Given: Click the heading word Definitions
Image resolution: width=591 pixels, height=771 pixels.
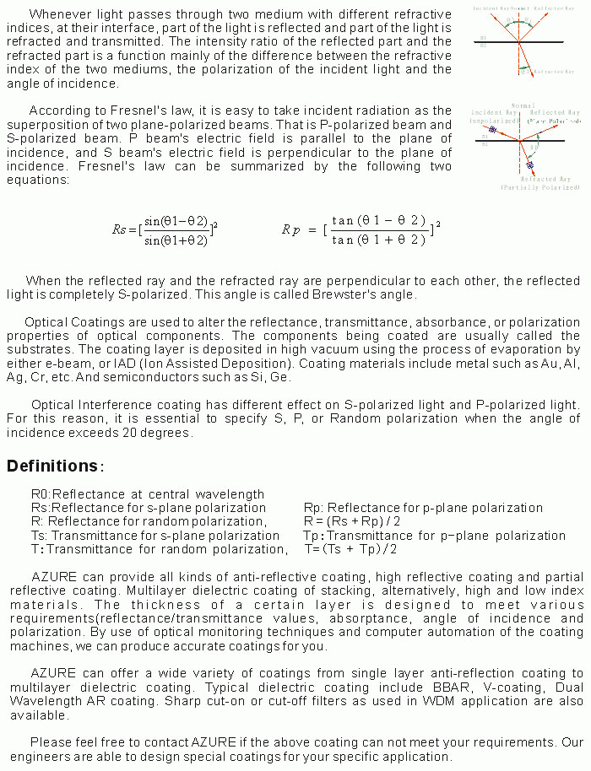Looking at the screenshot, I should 52,466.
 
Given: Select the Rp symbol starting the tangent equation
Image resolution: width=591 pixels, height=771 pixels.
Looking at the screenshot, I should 291,229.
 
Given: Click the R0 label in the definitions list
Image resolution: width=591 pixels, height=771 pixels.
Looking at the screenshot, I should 41,494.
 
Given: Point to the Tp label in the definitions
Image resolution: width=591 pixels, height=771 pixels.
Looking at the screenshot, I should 312,536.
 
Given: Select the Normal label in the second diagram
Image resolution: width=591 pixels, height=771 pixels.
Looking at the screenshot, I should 523,106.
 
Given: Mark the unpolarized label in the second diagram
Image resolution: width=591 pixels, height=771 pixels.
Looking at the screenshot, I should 487,120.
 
